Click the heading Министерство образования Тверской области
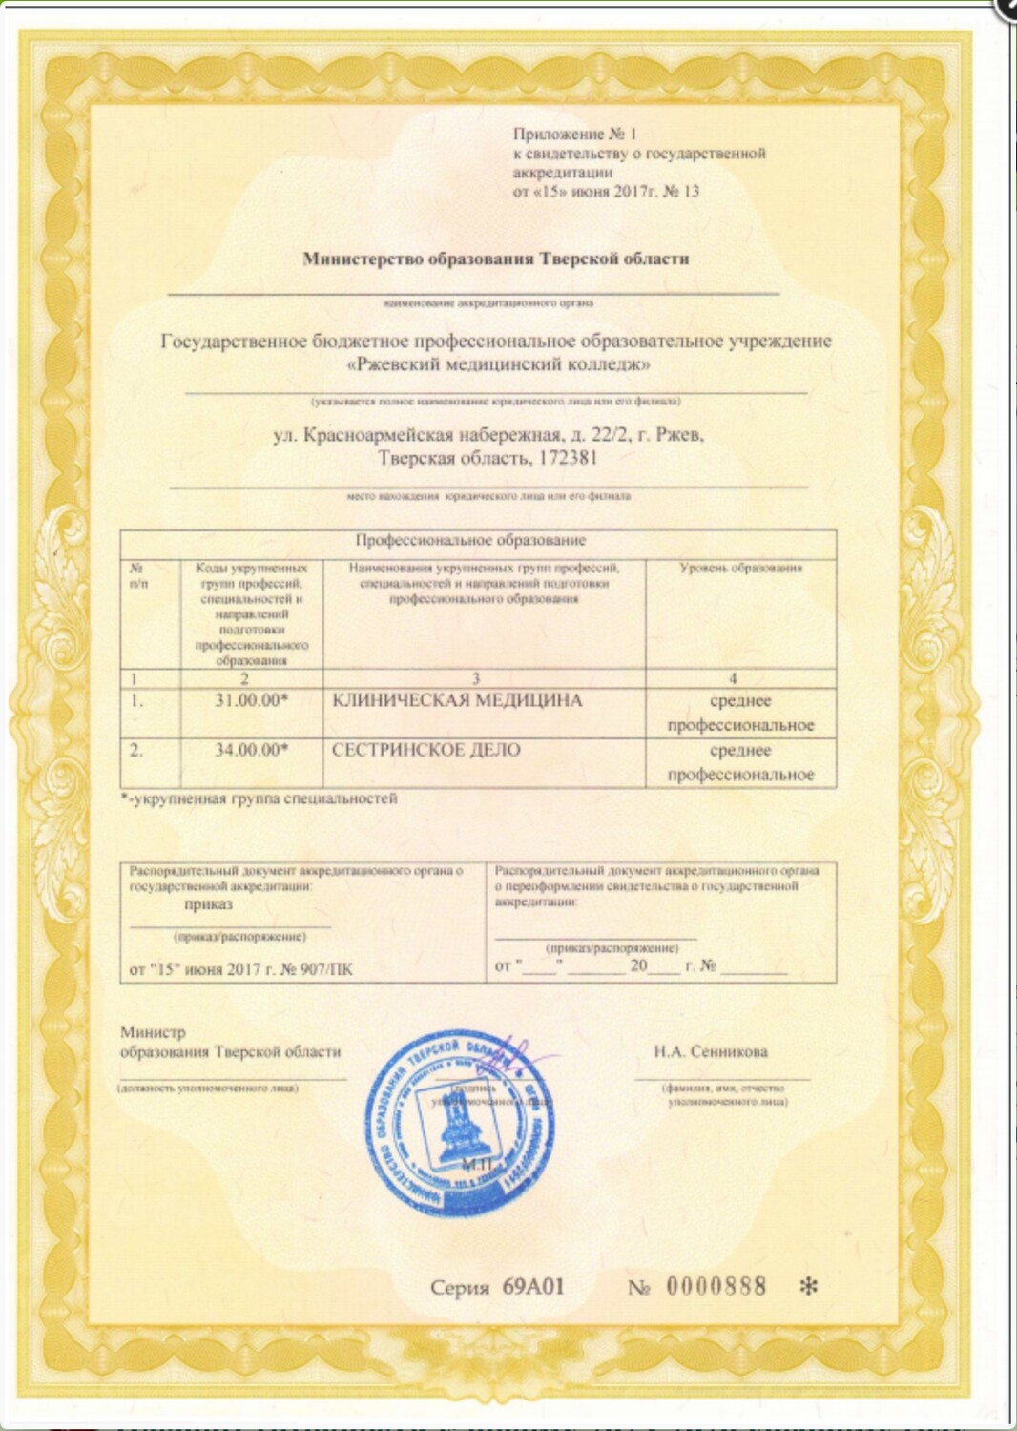(495, 259)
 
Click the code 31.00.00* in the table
(252, 700)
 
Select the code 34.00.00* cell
(252, 750)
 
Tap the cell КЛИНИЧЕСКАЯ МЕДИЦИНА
(457, 700)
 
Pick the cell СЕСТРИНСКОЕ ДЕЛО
(426, 750)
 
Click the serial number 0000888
(716, 1286)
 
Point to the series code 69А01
(532, 1286)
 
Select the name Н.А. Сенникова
(711, 1052)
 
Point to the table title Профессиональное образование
(470, 540)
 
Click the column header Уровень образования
(740, 568)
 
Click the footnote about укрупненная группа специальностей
(259, 798)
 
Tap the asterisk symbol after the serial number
(807, 1287)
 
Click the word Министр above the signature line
(153, 1032)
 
